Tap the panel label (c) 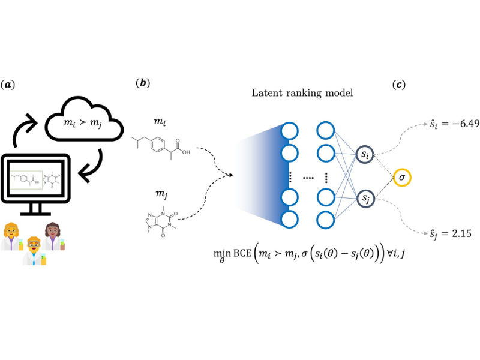coord(398,85)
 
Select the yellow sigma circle coord(403,178)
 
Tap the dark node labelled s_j coord(365,198)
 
